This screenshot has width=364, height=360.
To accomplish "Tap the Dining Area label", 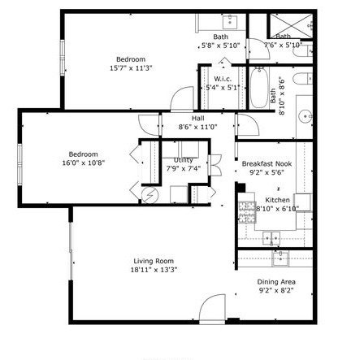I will tap(276, 282).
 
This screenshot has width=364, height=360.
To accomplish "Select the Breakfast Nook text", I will tap(266, 164).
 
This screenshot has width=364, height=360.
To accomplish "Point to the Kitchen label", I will tap(278, 200).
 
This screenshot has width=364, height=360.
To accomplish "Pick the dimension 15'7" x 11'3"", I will tap(131, 68).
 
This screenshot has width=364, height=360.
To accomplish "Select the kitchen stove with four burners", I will tap(246, 213).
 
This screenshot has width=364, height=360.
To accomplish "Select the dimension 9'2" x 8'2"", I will tap(276, 290).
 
